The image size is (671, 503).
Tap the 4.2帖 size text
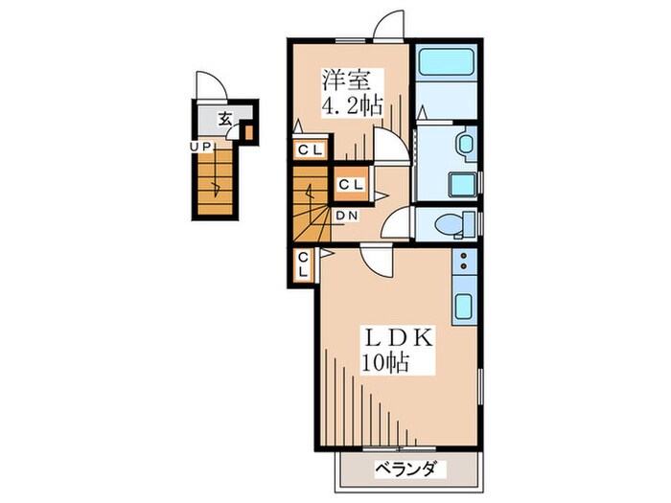352,105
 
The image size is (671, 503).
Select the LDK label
399,339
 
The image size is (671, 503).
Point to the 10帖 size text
385,363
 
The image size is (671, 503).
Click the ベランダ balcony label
405,469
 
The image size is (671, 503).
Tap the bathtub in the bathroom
446,62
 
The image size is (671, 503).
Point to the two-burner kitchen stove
464,261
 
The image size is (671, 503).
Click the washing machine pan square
463,185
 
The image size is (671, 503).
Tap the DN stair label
347,216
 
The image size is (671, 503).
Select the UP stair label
200,148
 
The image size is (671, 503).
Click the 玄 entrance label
224,119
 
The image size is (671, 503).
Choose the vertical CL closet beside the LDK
304,265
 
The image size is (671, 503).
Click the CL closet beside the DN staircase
352,184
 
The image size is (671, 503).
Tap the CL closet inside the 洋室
311,149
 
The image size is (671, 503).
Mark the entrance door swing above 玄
211,85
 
